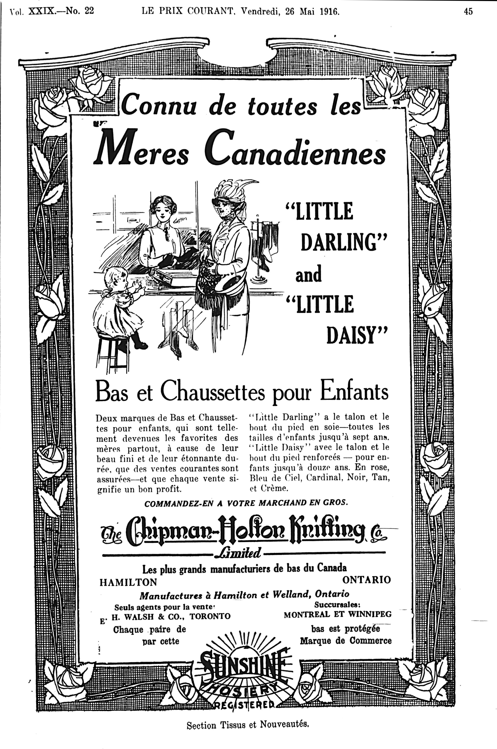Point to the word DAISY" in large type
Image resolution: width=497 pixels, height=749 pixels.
[357, 337]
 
